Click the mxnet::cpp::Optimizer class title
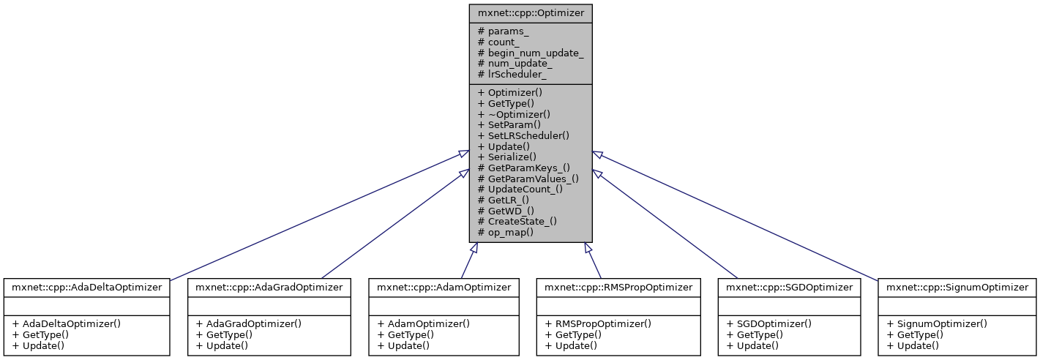(531, 13)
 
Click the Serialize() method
(506, 157)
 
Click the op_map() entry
(505, 231)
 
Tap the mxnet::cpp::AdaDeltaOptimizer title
(86, 288)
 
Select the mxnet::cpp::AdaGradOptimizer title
(268, 288)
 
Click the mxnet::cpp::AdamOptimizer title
(444, 288)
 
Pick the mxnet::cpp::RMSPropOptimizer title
(615, 288)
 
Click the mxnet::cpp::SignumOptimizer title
(957, 288)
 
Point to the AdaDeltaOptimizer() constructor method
(63, 323)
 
